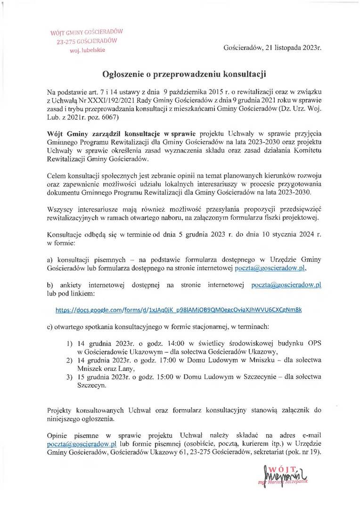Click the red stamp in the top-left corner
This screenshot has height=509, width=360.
click(87, 40)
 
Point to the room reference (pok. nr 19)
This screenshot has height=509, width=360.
click(303, 452)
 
